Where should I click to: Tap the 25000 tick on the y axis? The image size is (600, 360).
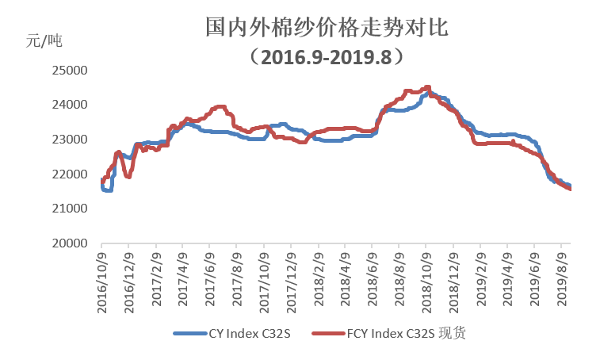tap(69, 71)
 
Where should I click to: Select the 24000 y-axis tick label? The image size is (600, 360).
tap(69, 105)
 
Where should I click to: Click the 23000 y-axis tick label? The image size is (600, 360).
tap(69, 140)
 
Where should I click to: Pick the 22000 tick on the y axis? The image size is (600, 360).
tap(69, 174)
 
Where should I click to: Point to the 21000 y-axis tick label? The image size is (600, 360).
tap(69, 209)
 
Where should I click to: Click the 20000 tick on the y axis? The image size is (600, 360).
tap(69, 243)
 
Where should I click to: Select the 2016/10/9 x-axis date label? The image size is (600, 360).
tap(101, 282)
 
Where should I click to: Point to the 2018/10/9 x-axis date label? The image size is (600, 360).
tap(426, 282)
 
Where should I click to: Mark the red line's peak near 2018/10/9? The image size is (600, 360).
tap(428, 87)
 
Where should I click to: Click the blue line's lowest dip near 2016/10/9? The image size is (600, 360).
tap(107, 190)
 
